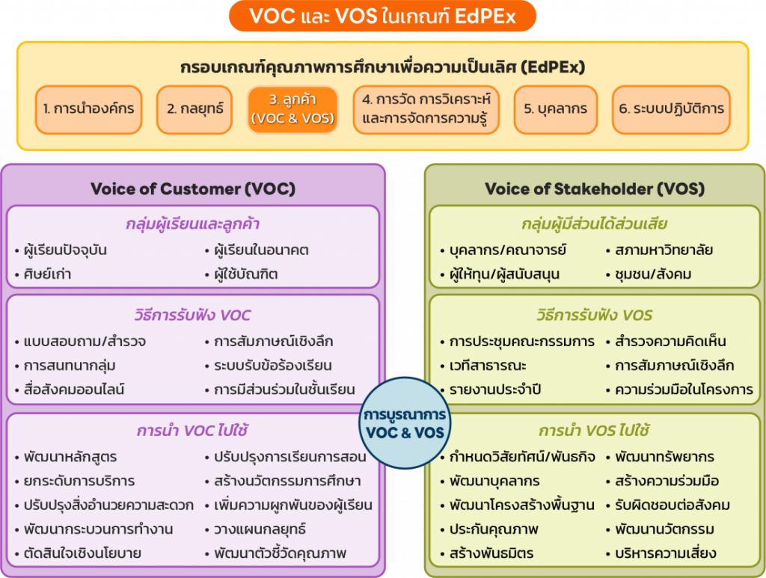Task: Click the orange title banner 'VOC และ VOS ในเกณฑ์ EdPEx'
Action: click(382, 16)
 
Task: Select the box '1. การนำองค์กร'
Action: click(88, 109)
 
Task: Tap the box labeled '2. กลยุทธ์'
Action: click(194, 109)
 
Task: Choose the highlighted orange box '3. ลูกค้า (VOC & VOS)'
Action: click(292, 109)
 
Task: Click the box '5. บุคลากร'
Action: click(555, 109)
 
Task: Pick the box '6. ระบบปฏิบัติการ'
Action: click(671, 109)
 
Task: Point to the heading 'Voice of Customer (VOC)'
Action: click(193, 188)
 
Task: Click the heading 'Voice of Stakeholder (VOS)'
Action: click(594, 188)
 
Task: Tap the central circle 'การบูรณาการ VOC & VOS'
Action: click(405, 423)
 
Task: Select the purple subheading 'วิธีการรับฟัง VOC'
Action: click(193, 315)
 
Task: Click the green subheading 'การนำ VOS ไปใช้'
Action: click(594, 431)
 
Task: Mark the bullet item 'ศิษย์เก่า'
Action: click(46, 274)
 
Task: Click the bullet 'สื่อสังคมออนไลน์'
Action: click(73, 390)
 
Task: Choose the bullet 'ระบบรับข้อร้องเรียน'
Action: click(272, 366)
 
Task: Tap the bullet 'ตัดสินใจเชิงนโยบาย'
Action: click(82, 553)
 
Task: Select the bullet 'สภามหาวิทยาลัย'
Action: click(658, 250)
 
